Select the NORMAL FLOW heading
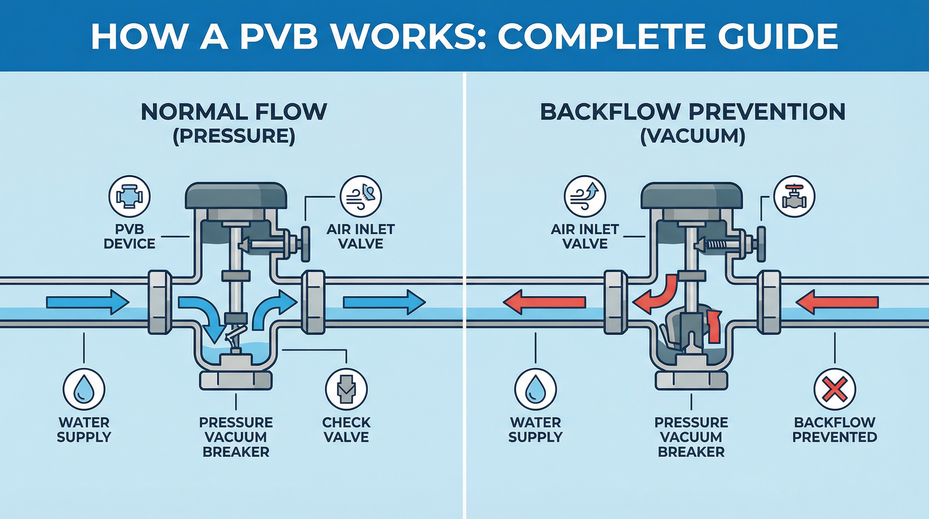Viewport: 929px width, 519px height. [x=234, y=112]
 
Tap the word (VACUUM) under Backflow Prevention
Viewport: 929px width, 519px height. [x=692, y=137]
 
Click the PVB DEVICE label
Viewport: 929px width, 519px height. [x=129, y=237]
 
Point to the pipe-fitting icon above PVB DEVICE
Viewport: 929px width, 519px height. [x=129, y=197]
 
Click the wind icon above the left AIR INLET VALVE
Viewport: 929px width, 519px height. [x=361, y=197]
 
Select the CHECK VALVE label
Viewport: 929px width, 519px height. [x=346, y=429]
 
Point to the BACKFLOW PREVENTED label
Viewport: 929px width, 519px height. [x=834, y=429]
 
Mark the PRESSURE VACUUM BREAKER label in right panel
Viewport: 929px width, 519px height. [x=691, y=437]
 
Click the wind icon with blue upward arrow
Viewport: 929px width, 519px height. [x=585, y=197]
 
